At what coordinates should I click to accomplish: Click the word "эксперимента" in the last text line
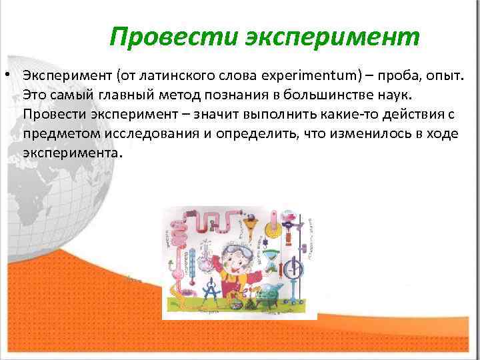tap(72, 153)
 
